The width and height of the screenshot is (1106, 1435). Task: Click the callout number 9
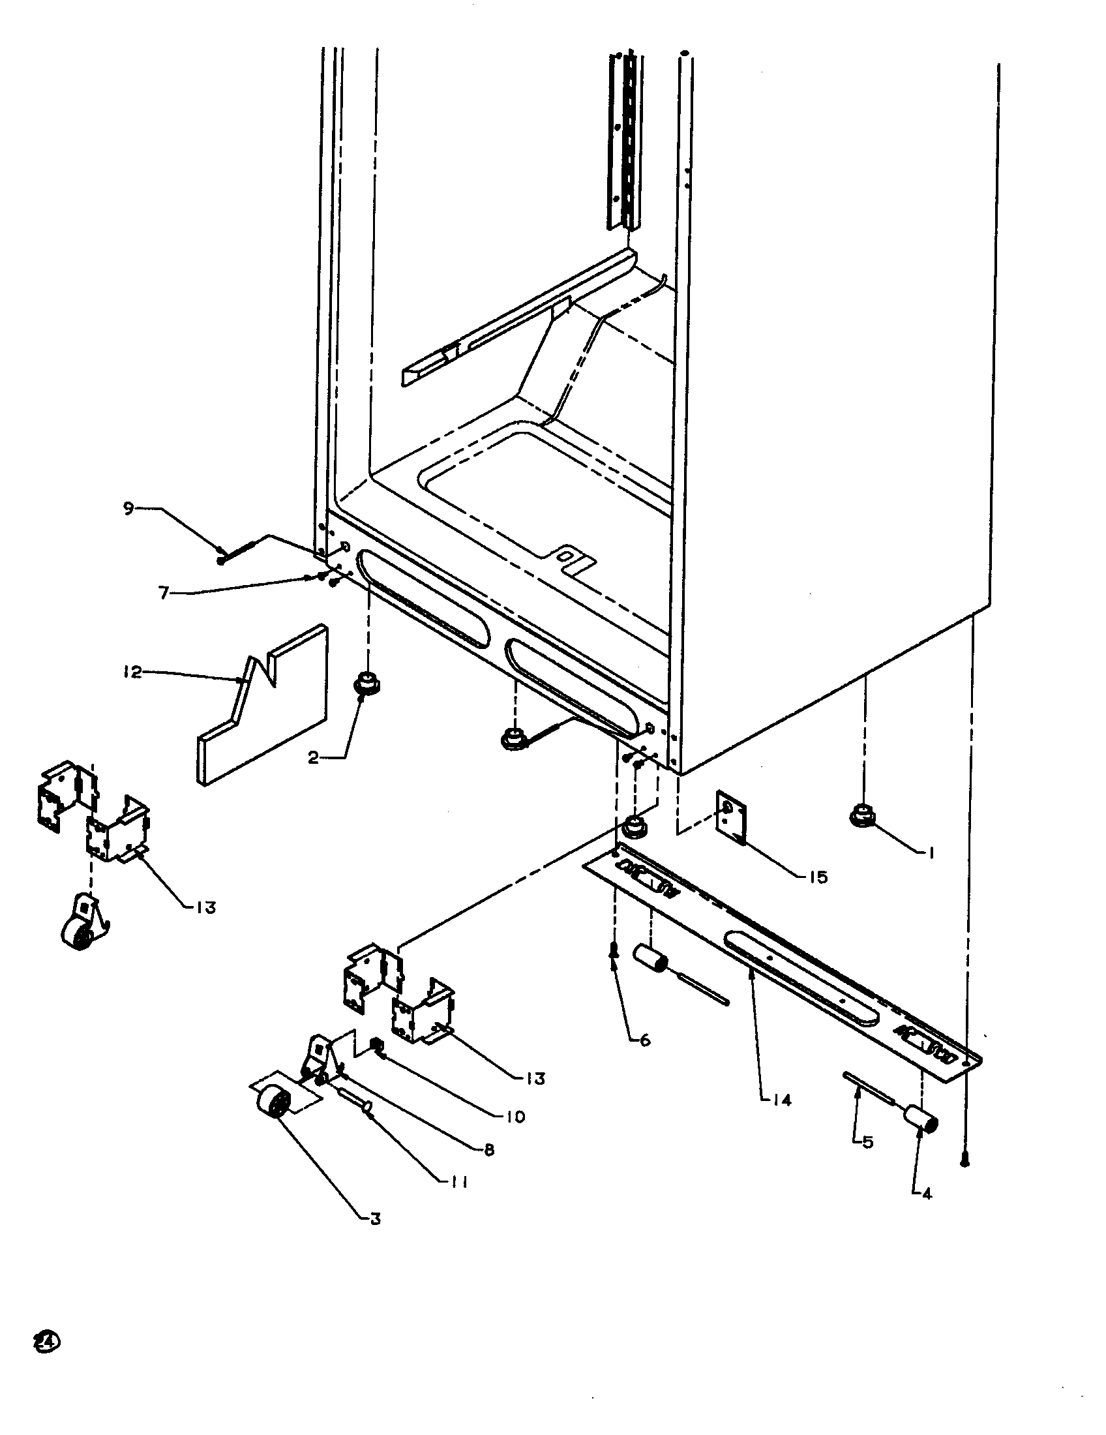128,507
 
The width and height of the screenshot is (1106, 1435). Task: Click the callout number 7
164,594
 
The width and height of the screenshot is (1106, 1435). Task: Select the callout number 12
132,672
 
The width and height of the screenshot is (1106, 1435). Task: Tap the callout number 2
314,757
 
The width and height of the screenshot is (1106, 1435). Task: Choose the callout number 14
782,1099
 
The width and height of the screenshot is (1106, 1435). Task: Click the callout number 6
645,1040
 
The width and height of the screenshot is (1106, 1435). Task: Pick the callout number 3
375,1219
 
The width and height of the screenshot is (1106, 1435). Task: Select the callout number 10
516,1116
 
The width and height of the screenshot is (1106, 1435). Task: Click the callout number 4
927,1194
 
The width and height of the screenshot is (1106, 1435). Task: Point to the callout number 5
867,1143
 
